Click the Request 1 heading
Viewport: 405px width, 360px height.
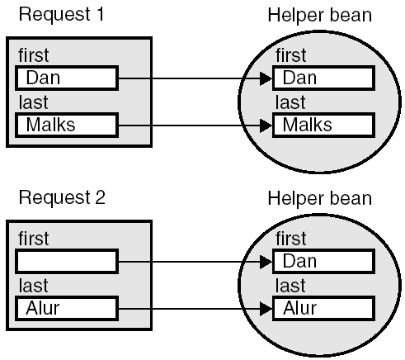click(x=62, y=14)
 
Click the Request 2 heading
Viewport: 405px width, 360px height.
click(x=62, y=197)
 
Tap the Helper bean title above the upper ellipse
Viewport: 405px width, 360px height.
click(x=319, y=15)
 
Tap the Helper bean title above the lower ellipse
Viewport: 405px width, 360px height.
click(x=319, y=198)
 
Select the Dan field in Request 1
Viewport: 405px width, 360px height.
click(x=67, y=78)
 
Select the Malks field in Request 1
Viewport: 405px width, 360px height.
click(x=67, y=125)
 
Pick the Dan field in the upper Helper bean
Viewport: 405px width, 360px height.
click(x=323, y=78)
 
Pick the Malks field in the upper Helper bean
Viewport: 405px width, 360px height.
click(x=323, y=125)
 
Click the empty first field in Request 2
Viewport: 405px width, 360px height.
click(x=67, y=262)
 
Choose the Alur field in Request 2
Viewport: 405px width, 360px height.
click(x=67, y=309)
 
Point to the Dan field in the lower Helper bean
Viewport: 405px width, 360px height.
click(x=323, y=262)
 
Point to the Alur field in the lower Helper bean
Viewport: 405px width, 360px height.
click(x=323, y=309)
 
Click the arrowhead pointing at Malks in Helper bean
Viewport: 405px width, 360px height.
click(x=266, y=126)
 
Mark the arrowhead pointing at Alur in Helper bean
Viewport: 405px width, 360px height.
click(x=266, y=309)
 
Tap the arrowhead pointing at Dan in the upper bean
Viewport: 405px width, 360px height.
click(x=266, y=78)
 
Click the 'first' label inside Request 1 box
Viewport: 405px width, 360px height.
click(x=34, y=55)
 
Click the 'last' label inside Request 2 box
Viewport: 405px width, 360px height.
click(x=33, y=286)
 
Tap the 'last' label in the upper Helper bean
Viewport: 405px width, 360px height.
click(x=290, y=102)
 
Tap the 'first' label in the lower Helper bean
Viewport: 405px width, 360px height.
click(x=291, y=239)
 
